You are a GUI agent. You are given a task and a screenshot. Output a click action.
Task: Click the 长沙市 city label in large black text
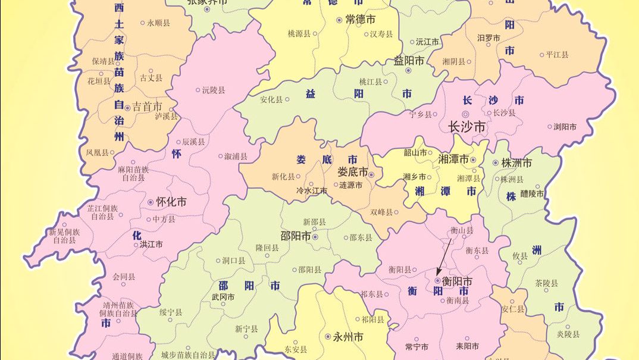click(x=466, y=127)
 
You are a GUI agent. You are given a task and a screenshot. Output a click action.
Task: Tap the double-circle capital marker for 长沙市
click(x=466, y=113)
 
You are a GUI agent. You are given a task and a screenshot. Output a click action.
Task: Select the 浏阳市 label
click(x=565, y=127)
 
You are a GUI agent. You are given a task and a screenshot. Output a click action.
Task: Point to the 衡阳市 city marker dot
click(x=438, y=280)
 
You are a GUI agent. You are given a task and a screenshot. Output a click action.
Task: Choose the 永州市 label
click(x=348, y=337)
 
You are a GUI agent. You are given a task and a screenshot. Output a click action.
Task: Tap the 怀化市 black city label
click(x=171, y=202)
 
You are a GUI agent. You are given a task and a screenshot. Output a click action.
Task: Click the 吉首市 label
click(x=147, y=107)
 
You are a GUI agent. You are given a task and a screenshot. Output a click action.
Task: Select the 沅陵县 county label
click(x=214, y=90)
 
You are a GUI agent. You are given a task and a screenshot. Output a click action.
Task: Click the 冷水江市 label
click(x=312, y=191)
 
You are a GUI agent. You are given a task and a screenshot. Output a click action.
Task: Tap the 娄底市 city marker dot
click(x=371, y=174)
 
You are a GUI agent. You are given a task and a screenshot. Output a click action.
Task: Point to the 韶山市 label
click(x=415, y=152)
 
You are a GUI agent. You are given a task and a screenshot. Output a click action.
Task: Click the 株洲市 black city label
click(x=516, y=162)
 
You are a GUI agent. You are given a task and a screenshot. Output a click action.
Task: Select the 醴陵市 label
click(x=532, y=193)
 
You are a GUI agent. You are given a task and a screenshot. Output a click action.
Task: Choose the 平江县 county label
click(x=557, y=55)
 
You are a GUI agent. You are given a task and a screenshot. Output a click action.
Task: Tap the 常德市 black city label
click(x=360, y=20)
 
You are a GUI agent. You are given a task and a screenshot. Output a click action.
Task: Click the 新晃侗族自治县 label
click(x=64, y=236)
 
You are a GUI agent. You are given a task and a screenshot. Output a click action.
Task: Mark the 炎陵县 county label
click(x=568, y=334)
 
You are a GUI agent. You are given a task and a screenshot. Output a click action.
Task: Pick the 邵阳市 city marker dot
click(x=315, y=237)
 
